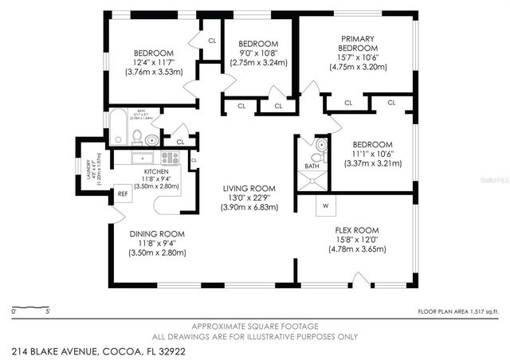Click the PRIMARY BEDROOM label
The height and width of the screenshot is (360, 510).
tap(358, 43)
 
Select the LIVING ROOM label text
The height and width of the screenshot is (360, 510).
tap(249, 188)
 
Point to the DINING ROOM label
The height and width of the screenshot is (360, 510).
tap(157, 233)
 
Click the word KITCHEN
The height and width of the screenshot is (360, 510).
tap(157, 170)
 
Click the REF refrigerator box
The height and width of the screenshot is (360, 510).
tap(123, 192)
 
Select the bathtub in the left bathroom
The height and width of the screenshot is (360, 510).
tap(118, 128)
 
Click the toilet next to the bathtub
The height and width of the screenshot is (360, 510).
tap(136, 135)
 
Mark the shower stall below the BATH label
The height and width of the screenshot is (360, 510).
tap(315, 179)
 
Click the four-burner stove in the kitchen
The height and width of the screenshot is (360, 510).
tap(170, 157)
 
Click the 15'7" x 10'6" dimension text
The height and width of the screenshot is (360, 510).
tap(358, 57)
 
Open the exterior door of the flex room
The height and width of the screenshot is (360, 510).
tap(360, 280)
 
